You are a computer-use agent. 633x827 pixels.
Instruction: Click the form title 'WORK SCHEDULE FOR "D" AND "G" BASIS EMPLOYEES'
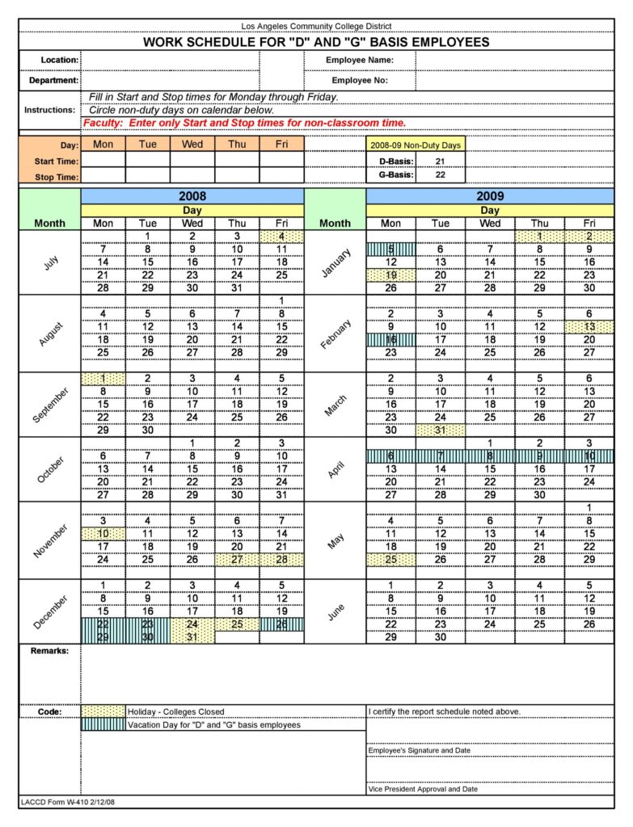tap(316, 42)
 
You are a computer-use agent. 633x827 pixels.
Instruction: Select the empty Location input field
tap(170, 61)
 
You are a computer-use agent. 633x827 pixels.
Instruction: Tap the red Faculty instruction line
tap(244, 123)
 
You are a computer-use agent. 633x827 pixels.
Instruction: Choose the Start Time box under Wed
tap(192, 160)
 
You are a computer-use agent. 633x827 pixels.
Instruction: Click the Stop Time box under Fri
tap(281, 176)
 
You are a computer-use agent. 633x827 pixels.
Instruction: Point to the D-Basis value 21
tap(440, 162)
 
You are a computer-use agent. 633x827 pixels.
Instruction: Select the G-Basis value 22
tap(440, 174)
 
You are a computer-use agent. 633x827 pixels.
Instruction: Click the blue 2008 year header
tap(192, 196)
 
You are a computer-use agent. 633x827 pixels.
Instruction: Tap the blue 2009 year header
tap(490, 196)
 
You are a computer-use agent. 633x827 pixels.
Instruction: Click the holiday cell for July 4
tap(281, 237)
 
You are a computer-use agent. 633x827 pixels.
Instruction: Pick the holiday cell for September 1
tap(103, 378)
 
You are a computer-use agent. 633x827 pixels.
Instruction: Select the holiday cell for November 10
tap(103, 534)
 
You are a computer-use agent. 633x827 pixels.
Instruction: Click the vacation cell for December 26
tap(281, 624)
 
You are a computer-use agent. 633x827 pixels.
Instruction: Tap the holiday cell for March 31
tap(441, 430)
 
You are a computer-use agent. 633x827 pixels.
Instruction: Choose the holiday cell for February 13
tap(589, 326)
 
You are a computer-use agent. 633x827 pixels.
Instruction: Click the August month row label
tap(49, 333)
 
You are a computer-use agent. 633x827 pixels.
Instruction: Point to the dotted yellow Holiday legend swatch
tap(103, 712)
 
